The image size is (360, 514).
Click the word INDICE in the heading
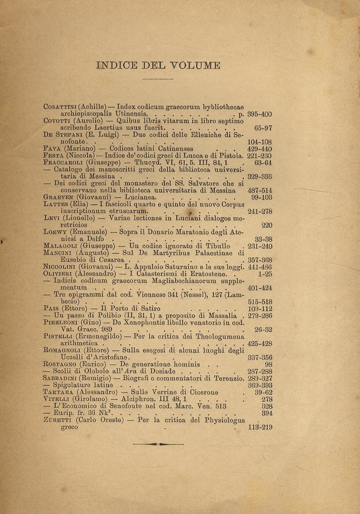tap(117, 65)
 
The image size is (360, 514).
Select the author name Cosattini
tap(60, 107)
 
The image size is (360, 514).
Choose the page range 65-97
tap(263, 128)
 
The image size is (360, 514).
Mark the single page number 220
tap(266, 225)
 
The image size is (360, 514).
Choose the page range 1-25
tap(265, 274)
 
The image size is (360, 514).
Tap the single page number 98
tap(268, 365)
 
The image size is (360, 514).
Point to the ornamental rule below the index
tap(158, 444)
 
